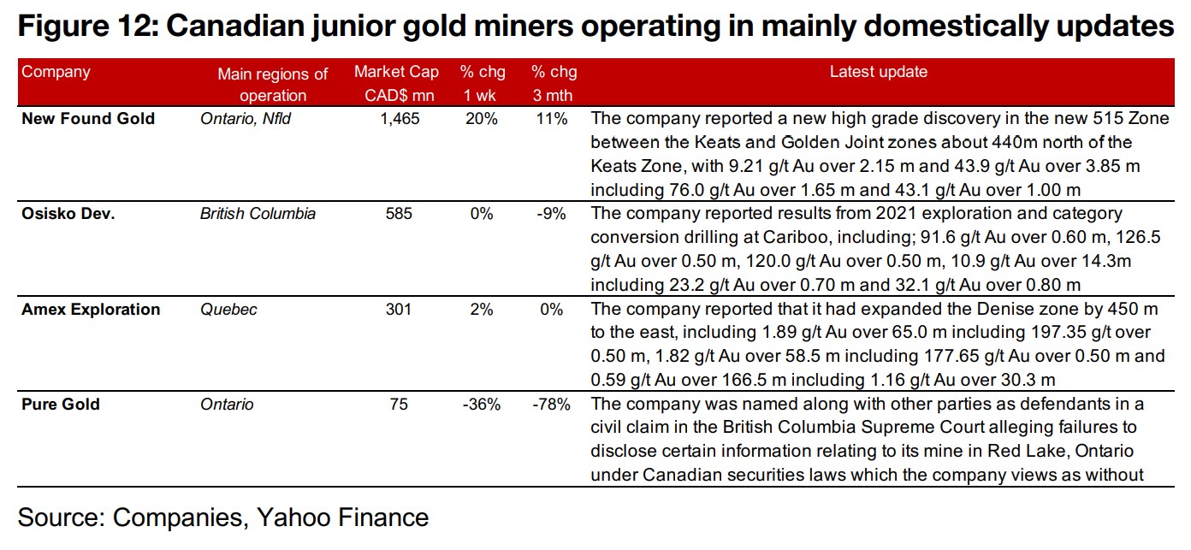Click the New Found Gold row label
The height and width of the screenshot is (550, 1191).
point(88,119)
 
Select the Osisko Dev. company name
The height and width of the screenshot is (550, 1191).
point(68,214)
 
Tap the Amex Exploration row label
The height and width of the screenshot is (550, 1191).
point(91,309)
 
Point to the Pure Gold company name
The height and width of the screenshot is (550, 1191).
point(61,404)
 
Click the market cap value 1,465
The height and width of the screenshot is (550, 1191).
point(400,119)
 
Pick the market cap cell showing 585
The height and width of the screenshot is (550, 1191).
point(399,214)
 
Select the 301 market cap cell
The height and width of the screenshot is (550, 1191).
point(399,309)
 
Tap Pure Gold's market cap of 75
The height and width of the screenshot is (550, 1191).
point(399,404)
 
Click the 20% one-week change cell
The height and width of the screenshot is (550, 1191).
point(480,119)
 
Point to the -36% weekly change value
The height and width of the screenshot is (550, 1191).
point(480,404)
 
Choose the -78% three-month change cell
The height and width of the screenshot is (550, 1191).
point(550,404)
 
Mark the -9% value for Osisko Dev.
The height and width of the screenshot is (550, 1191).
point(550,214)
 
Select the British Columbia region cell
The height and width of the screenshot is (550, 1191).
point(258,214)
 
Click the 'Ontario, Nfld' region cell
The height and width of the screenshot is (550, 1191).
point(246,119)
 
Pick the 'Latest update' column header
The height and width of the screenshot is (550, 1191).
point(878,73)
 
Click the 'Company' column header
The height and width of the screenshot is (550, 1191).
point(56,72)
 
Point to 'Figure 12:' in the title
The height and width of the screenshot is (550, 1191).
point(86,27)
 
